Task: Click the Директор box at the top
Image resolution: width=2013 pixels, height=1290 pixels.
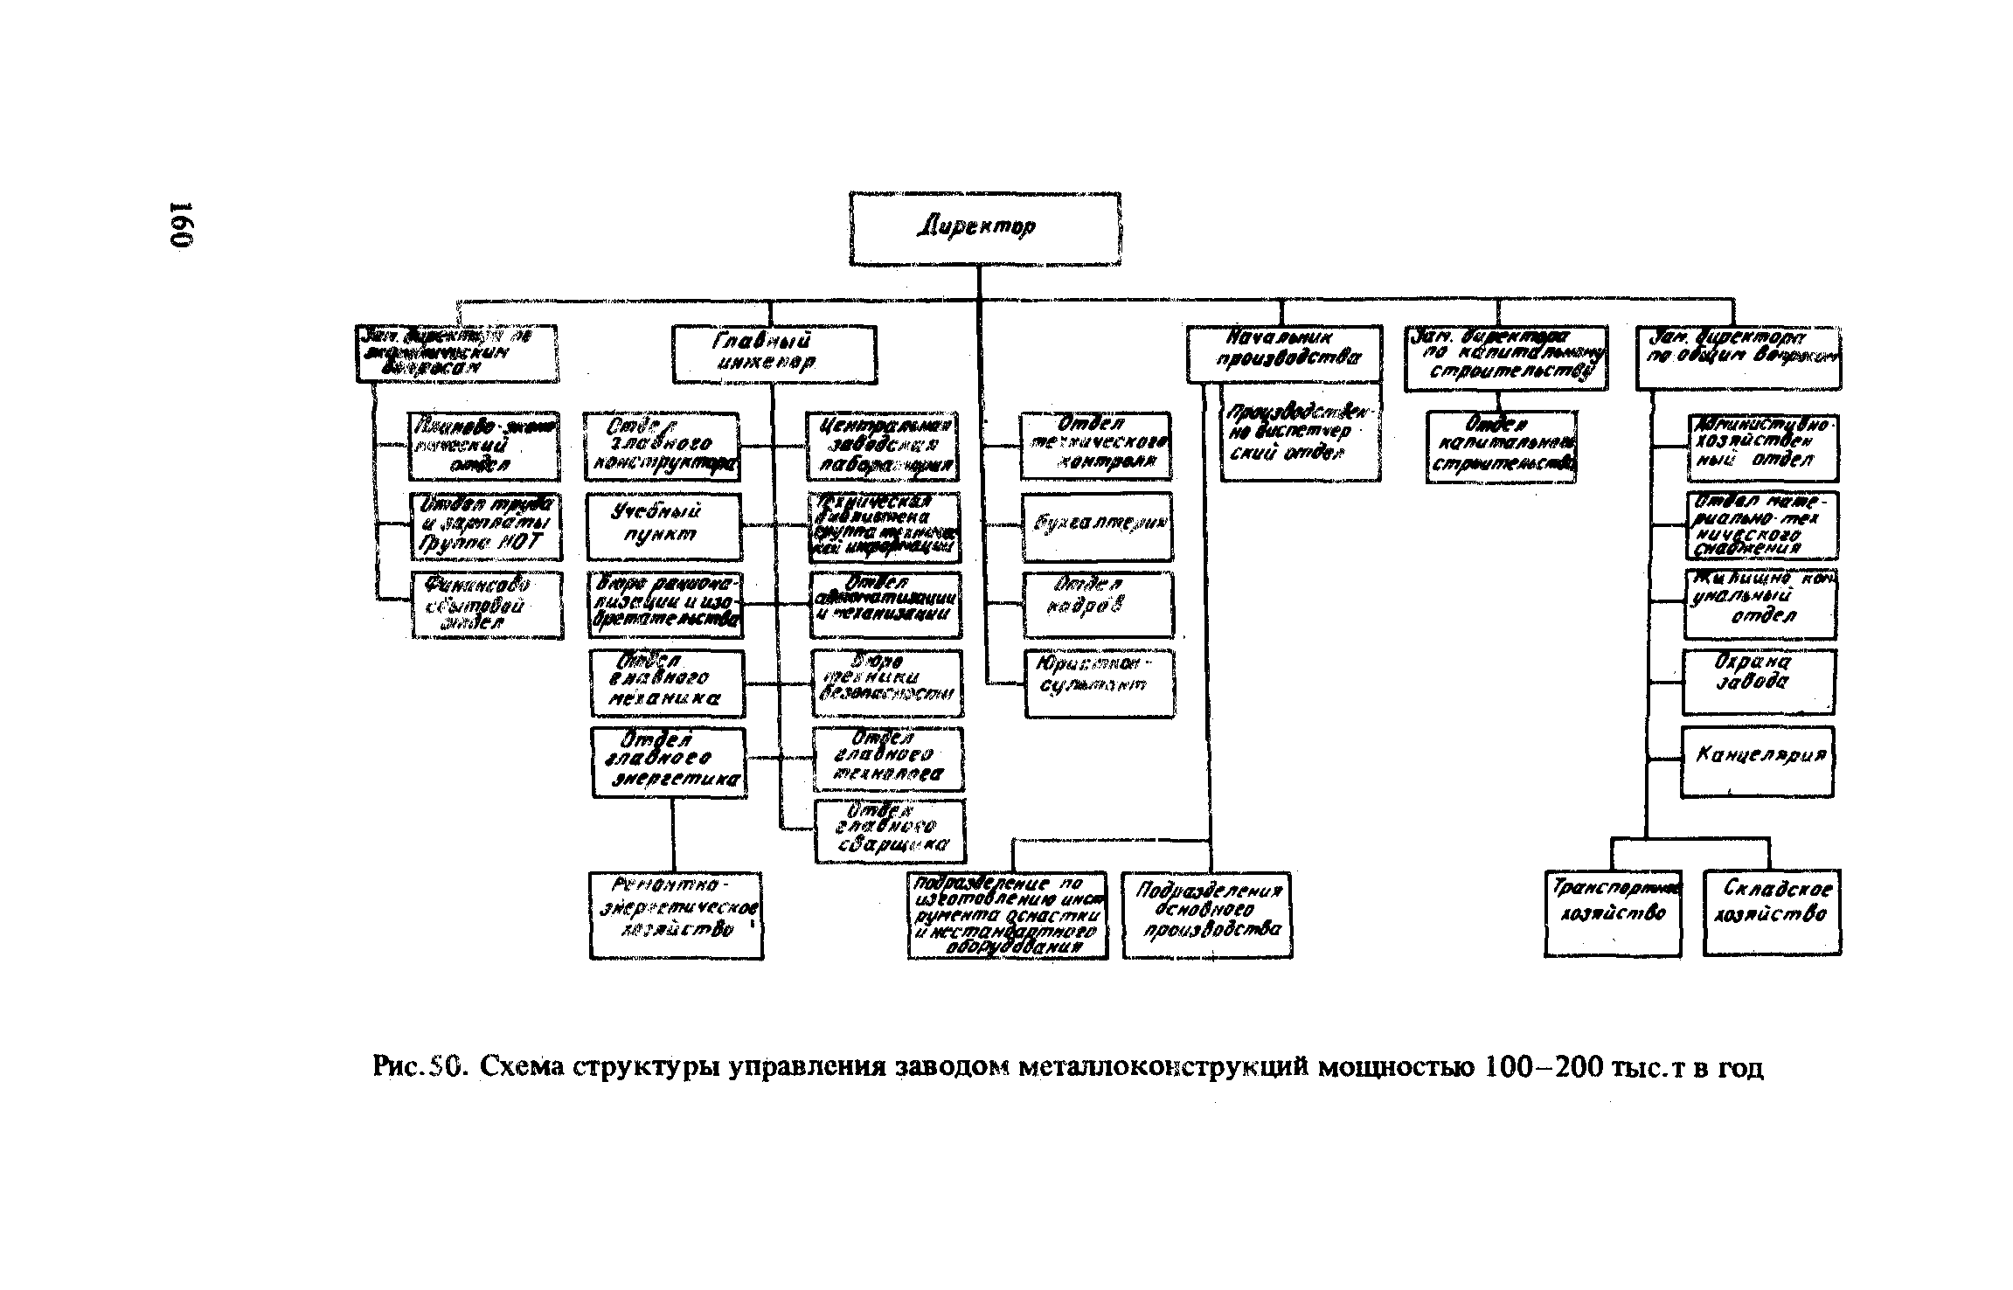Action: pos(985,228)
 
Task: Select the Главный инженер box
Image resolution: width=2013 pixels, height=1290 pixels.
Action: pos(774,354)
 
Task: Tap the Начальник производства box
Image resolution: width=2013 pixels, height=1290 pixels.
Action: pos(1284,354)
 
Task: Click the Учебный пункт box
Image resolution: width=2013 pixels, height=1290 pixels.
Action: pos(663,526)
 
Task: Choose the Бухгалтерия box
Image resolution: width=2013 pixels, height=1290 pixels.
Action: pos(1097,526)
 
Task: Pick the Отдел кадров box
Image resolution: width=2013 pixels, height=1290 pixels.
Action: pos(1098,604)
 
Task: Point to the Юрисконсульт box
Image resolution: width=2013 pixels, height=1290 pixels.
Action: pos(1100,683)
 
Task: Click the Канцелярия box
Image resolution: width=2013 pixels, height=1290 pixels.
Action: pos(1757,761)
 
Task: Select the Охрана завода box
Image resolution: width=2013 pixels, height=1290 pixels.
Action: pos(1758,682)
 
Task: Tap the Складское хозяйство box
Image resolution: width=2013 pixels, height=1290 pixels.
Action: pos(1772,912)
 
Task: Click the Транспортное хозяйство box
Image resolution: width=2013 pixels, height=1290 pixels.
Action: pos(1613,912)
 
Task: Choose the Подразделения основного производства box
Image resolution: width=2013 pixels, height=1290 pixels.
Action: pos(1207,914)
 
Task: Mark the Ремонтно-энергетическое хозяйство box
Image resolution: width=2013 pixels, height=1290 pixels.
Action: pos(676,914)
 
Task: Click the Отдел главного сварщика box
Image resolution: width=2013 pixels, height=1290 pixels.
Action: pos(890,831)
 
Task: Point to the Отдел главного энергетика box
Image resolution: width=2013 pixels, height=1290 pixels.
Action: pos(669,762)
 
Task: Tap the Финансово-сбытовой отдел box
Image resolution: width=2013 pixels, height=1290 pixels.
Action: pos(487,605)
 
